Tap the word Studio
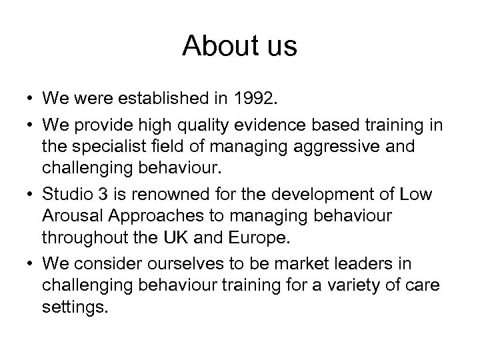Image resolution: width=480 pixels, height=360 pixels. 63,195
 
